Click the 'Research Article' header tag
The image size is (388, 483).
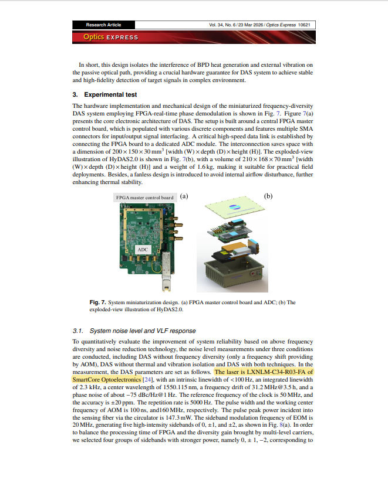(103, 25)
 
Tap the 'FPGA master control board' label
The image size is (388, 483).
(145, 198)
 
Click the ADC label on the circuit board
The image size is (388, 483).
(143, 250)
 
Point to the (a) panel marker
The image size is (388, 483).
(184, 197)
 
